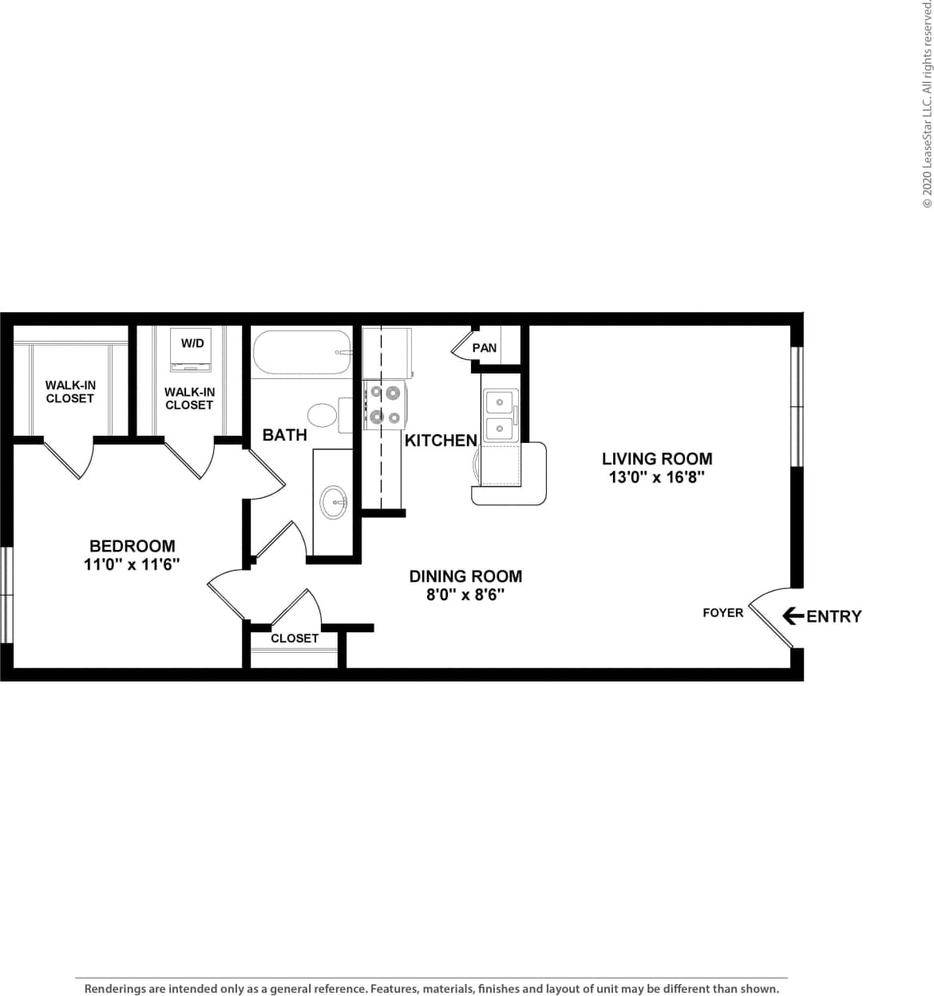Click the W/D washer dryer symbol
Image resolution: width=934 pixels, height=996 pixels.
pos(192,350)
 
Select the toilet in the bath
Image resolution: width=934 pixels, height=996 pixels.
pos(324,415)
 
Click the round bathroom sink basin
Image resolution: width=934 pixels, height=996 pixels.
pos(334,502)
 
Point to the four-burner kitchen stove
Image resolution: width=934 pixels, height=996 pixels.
pos(385,405)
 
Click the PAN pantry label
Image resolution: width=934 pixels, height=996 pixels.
pos(485,348)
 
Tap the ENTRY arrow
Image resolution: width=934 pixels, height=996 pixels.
pos(793,615)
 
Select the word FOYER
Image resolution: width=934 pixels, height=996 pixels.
pos(722,613)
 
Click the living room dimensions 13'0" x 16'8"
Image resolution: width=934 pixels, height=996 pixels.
pos(656,478)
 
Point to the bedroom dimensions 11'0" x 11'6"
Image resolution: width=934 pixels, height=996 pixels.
pos(132,564)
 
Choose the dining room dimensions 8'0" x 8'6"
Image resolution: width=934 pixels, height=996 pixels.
pos(465,595)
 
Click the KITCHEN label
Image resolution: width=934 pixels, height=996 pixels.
pos(441,441)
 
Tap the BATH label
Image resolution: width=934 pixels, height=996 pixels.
pos(284,435)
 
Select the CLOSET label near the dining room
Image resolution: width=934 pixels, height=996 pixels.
pos(295,638)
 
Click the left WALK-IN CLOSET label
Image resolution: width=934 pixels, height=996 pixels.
pos(70,392)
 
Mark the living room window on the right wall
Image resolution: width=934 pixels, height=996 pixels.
pos(796,406)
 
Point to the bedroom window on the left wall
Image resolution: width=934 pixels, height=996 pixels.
pos(6,595)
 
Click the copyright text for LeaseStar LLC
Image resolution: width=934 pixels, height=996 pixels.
pos(927,104)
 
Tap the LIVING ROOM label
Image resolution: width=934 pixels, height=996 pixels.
pos(657,459)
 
